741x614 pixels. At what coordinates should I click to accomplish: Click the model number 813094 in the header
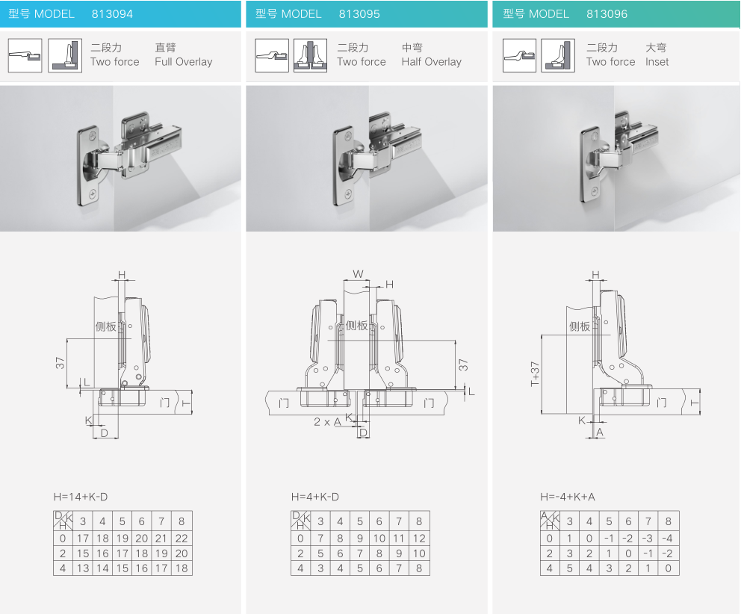[x=112, y=14]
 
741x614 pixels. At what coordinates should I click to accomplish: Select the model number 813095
[x=359, y=14]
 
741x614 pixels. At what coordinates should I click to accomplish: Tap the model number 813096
[x=607, y=14]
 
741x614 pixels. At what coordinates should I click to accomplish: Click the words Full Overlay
[x=183, y=62]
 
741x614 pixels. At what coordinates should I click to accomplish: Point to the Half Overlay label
[x=432, y=62]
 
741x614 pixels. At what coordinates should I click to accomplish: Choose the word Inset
[x=657, y=62]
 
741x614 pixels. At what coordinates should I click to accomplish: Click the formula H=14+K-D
[x=81, y=497]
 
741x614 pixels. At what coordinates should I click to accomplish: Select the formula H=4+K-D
[x=315, y=497]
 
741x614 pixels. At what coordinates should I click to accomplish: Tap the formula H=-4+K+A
[x=568, y=497]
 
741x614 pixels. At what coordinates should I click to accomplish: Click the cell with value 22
[x=182, y=539]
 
